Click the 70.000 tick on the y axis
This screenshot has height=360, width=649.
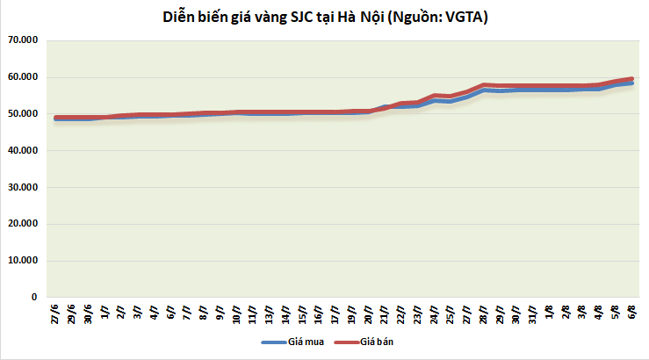[24, 40]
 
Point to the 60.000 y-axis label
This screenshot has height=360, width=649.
[24, 77]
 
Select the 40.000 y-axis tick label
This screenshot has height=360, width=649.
[24, 150]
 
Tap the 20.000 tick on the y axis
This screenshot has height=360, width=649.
[24, 224]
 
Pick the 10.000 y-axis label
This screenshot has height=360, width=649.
[24, 261]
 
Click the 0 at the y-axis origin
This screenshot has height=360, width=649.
[33, 298]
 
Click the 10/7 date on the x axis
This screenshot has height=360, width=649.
[238, 313]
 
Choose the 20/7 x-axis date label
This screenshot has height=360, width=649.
[369, 313]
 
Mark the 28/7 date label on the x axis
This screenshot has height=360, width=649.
[484, 313]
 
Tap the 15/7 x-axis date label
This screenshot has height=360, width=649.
[303, 313]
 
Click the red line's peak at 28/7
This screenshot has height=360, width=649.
[484, 84]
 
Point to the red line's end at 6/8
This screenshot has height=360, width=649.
[632, 78]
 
